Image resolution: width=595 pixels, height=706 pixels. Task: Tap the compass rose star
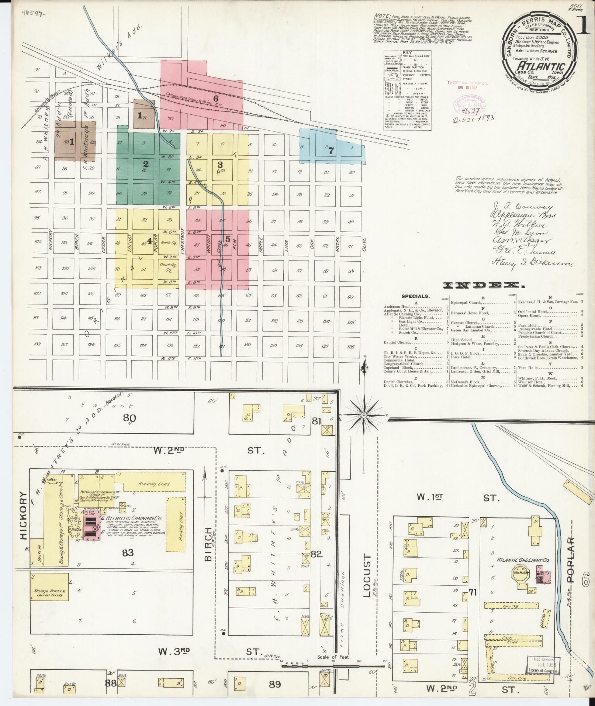click(x=364, y=415)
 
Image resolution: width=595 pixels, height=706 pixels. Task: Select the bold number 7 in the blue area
click(x=331, y=151)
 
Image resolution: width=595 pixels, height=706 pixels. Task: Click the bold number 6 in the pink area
click(x=216, y=98)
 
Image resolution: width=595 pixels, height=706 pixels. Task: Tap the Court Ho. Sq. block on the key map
click(x=169, y=267)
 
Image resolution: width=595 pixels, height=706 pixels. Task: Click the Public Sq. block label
click(x=169, y=243)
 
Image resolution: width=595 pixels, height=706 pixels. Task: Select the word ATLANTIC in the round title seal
click(x=540, y=66)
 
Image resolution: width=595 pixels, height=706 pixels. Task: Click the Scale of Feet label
click(x=330, y=399)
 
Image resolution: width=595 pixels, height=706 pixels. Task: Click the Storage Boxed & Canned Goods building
click(x=49, y=592)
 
